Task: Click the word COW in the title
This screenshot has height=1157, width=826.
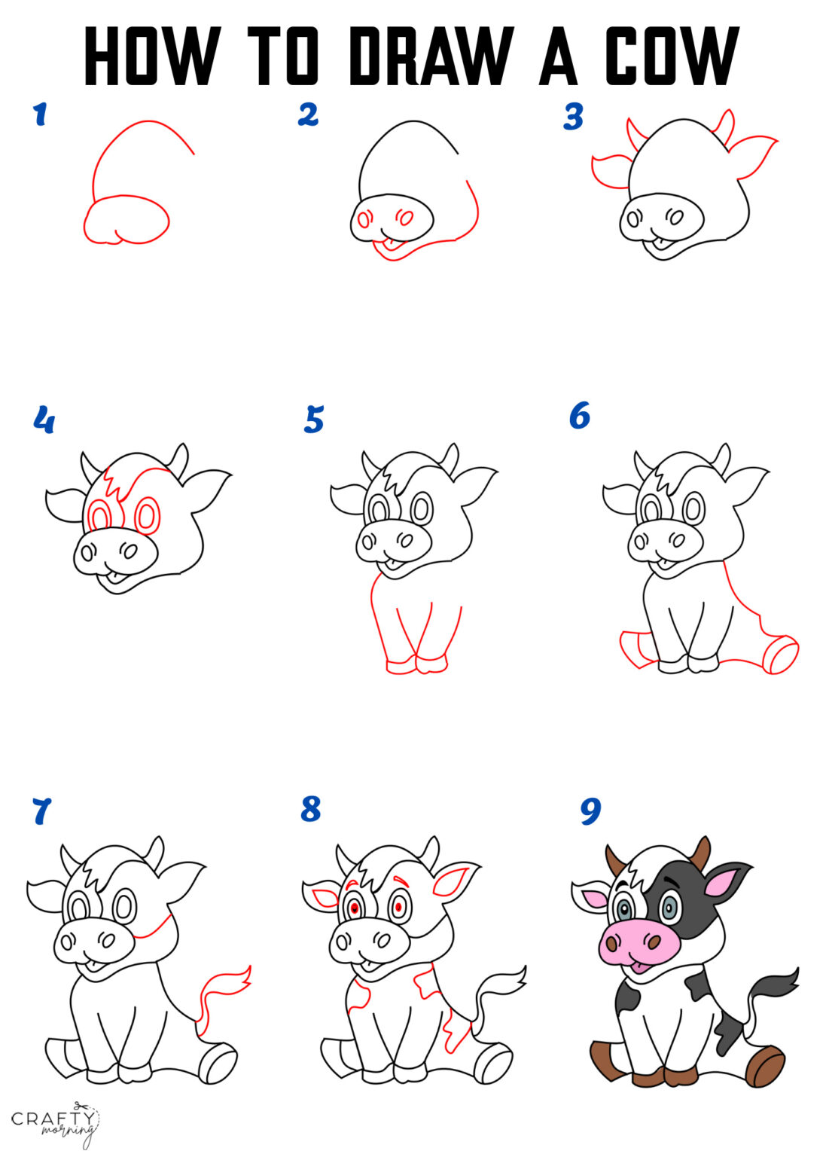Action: coord(672,56)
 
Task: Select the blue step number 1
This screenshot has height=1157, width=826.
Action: coord(40,114)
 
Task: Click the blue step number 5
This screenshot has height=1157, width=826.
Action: coord(313,420)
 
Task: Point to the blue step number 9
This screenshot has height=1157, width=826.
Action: coord(590,811)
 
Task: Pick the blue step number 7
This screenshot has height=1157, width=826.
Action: coord(41,812)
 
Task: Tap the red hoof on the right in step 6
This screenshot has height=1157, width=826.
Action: coord(782,655)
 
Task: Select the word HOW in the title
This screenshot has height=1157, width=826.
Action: coord(151,56)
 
